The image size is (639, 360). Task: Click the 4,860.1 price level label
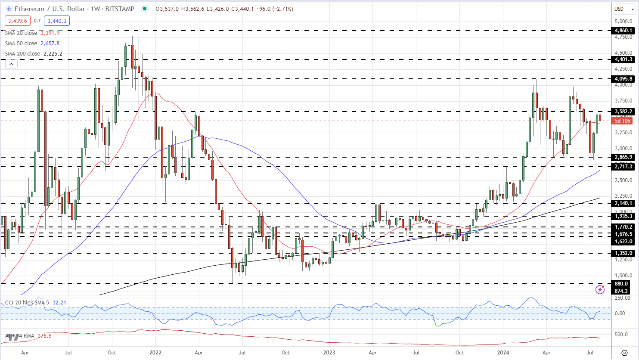pos(623,31)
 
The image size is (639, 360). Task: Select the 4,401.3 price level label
pos(623,59)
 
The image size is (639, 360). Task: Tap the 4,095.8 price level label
pos(623,79)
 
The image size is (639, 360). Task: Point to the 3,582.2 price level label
pos(623,112)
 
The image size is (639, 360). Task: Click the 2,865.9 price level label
pos(623,157)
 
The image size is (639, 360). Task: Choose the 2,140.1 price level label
pos(623,203)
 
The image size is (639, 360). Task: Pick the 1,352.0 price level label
pos(623,253)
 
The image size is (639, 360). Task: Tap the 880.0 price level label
pos(622,284)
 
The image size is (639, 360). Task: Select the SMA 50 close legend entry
pos(21,43)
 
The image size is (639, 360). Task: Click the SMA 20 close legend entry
pos(21,33)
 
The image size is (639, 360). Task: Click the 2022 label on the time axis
pos(155,352)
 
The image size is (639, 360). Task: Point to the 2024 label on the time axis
pos(503,352)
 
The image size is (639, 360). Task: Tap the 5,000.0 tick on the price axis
pos(623,21)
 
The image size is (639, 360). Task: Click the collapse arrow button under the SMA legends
pos(11,64)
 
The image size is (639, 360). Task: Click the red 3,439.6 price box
pos(18,21)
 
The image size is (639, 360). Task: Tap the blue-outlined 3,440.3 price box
pos(57,21)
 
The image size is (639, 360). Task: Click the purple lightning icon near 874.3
pos(600,289)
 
